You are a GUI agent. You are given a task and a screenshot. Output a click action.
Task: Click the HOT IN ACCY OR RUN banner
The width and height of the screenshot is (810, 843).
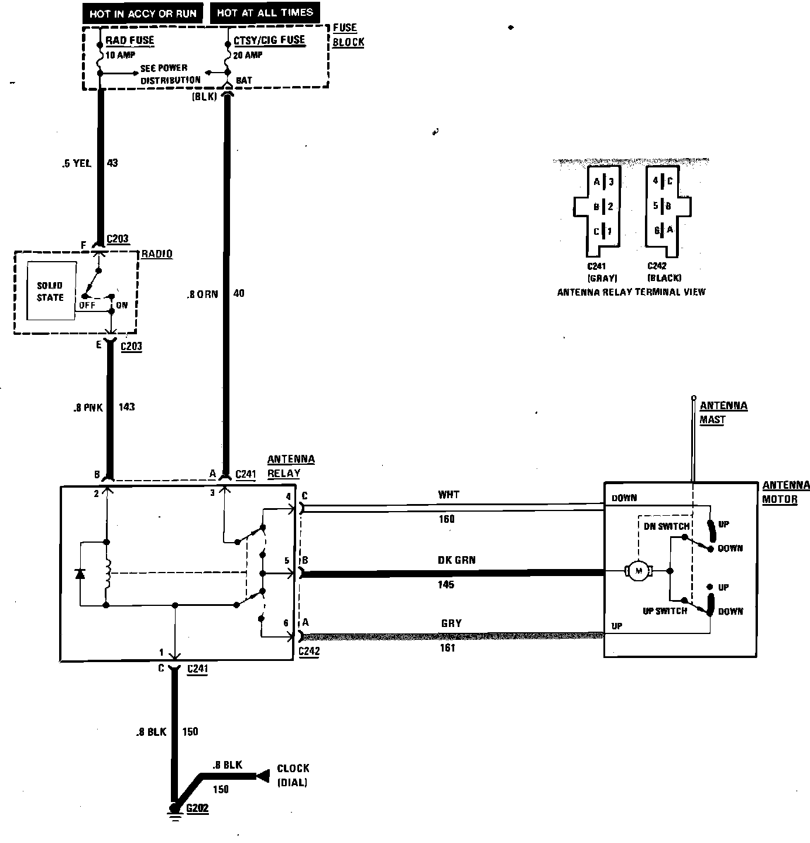pos(143,13)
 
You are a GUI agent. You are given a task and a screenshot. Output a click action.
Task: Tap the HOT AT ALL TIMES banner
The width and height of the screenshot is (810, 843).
pos(265,12)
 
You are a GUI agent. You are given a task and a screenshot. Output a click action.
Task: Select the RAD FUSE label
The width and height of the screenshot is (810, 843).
pos(129,40)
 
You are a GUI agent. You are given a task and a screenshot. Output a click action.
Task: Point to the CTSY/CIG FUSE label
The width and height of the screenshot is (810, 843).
pos(269,40)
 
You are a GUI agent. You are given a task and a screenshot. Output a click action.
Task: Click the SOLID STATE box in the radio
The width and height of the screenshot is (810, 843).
pos(51,291)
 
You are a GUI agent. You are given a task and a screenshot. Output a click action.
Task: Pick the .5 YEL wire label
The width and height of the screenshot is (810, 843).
pos(76,163)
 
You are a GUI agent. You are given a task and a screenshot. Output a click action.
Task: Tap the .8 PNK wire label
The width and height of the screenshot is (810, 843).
pos(84,407)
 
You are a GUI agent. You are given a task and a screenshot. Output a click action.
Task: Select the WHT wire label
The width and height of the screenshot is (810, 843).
pos(448,495)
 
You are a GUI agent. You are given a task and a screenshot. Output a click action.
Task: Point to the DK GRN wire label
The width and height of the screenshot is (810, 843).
pos(457,560)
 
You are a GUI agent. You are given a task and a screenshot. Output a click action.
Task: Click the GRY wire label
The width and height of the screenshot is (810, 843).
pos(451,623)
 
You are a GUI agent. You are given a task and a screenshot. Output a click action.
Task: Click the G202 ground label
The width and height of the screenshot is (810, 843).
pos(197,808)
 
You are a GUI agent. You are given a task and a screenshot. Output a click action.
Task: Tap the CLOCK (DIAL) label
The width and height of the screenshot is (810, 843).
pos(293,775)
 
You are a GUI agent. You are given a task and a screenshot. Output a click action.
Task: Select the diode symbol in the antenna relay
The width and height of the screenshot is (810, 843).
pos(80,574)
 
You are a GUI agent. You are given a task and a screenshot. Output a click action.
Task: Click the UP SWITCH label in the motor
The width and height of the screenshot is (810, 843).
pos(664,611)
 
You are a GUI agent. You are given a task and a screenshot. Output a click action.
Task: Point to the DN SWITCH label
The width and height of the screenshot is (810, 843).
pos(667,526)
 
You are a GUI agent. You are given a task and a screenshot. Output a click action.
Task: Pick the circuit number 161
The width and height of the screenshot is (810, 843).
pos(447,648)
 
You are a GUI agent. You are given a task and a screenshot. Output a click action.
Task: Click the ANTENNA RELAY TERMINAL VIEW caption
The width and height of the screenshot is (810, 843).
pos(631,292)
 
